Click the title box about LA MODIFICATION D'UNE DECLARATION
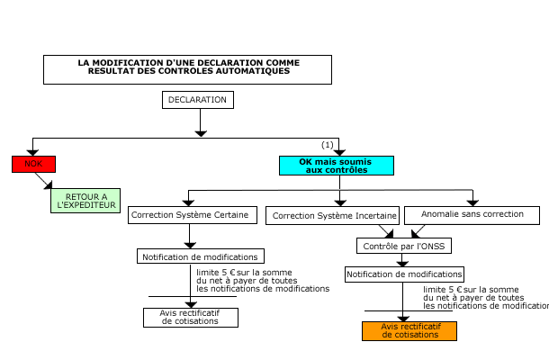[x=187, y=69]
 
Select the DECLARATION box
[x=198, y=100]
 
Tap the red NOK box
[x=33, y=164]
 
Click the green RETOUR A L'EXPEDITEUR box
[x=86, y=200]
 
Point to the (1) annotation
[x=328, y=145]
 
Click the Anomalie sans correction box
[x=472, y=215]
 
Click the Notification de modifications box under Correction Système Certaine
[x=201, y=256]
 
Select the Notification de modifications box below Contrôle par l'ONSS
[x=404, y=274]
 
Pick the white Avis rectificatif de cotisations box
[x=190, y=318]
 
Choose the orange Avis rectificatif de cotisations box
[x=409, y=330]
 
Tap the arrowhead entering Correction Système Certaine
[x=188, y=201]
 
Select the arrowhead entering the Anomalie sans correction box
[x=472, y=201]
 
